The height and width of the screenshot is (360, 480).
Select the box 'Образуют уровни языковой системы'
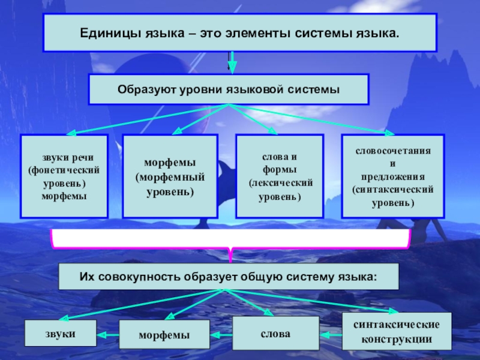[x=229, y=89]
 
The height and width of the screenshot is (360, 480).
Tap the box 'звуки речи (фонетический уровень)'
[x=64, y=176]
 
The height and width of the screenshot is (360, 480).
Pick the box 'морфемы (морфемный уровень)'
[x=170, y=176]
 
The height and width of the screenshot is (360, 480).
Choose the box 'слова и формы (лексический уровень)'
[x=280, y=176]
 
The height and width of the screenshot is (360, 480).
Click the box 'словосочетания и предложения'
[x=393, y=176]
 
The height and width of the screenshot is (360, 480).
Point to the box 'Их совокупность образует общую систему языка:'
[x=229, y=277]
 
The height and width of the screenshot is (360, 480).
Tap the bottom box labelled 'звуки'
[x=60, y=333]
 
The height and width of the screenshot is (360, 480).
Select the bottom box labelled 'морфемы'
[x=164, y=334]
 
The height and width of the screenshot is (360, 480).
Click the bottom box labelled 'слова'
[x=276, y=333]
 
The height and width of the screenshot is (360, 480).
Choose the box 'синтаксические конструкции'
[x=397, y=331]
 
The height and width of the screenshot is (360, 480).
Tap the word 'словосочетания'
[x=393, y=152]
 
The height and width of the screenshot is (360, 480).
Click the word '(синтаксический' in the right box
[x=393, y=190]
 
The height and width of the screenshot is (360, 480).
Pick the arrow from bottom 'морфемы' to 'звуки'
[x=108, y=334]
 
